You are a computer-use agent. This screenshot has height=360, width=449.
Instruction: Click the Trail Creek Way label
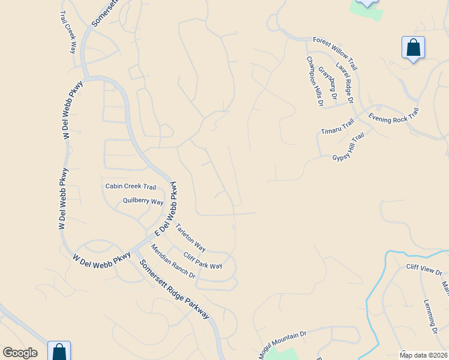click(68, 32)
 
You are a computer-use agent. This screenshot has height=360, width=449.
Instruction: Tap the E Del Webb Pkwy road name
click(167, 209)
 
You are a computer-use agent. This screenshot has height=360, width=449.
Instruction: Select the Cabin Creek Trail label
click(131, 187)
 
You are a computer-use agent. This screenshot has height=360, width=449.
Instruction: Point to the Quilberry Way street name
click(143, 202)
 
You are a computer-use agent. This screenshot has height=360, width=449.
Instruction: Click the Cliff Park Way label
click(203, 260)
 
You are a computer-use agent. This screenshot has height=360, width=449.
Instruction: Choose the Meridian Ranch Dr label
click(173, 261)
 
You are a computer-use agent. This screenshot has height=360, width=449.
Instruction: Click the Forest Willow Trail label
click(335, 46)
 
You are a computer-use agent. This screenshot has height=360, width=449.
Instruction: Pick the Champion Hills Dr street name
click(315, 82)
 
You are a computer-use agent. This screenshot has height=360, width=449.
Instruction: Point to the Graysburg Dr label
click(327, 83)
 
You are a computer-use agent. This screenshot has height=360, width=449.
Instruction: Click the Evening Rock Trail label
click(393, 116)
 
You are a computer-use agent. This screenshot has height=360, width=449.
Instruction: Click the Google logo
click(20, 353)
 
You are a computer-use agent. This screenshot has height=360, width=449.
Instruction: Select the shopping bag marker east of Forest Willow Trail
click(413, 47)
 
